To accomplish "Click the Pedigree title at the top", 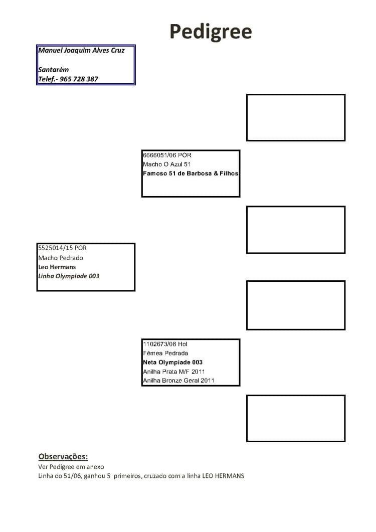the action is point(211,32).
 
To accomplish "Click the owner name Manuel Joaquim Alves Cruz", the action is point(81,50).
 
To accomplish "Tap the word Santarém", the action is point(53,70).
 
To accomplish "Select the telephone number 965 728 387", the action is point(79,79).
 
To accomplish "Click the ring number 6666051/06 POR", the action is point(167,155).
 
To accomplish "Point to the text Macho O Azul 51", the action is point(166,164).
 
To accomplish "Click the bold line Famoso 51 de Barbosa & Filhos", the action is point(191,173).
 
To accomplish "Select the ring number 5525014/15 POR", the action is point(62,248).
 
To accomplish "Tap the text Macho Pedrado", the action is point(60,258).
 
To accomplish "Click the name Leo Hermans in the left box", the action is point(57,267).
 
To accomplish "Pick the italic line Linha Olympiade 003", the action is point(69,276).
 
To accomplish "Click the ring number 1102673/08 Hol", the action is point(165,344).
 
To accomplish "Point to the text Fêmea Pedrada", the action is point(165,353).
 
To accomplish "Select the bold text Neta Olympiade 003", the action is point(173,363).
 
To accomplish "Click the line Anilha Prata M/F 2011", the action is point(174,372).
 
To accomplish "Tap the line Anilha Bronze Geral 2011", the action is point(178,381).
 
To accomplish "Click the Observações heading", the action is point(63,457).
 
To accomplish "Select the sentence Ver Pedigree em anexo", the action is point(71,467).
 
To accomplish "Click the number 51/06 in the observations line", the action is point(71,476).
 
